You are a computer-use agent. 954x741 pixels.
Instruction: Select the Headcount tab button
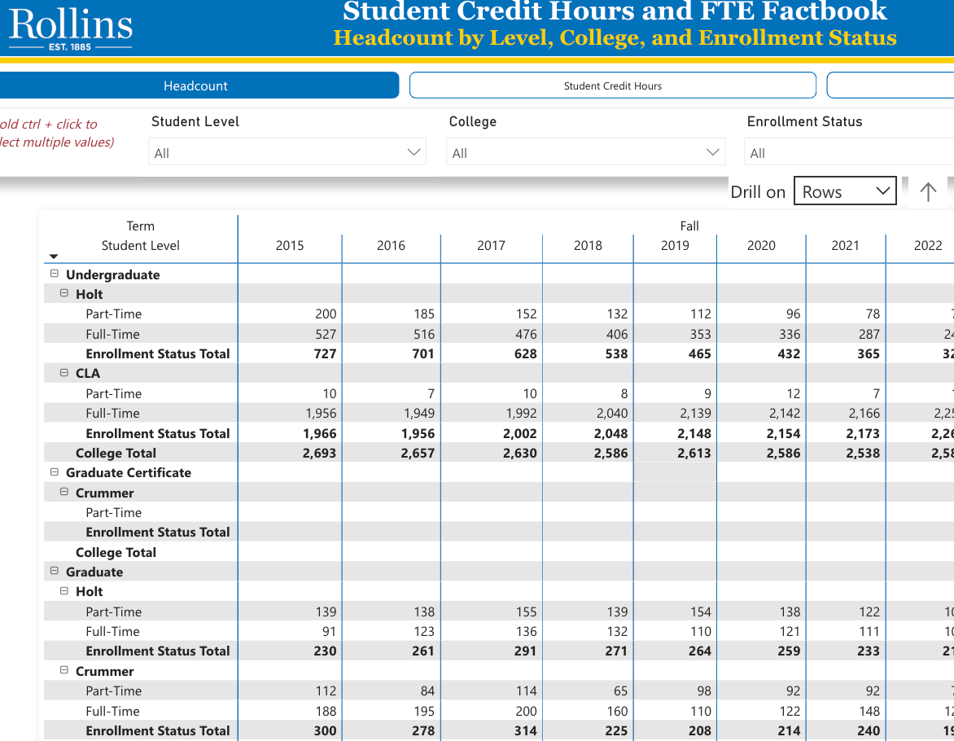tap(195, 85)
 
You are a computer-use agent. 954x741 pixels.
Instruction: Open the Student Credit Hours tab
tap(612, 85)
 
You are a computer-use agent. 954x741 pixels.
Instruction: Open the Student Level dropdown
tap(287, 152)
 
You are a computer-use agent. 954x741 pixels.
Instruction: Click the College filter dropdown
tap(584, 152)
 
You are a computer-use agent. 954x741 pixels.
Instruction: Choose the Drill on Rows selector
tap(844, 191)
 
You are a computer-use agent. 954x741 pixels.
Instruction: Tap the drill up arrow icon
tap(927, 191)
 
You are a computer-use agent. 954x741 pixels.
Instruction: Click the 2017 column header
tap(491, 245)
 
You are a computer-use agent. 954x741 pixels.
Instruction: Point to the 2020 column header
tap(761, 245)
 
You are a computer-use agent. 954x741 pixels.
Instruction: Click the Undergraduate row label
tap(112, 274)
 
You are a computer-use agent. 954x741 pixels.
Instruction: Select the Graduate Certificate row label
tap(128, 472)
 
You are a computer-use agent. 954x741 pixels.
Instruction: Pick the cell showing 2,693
tap(319, 453)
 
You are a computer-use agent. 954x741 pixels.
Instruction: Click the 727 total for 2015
tap(325, 353)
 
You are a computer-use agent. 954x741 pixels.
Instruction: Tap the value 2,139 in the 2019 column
tap(695, 413)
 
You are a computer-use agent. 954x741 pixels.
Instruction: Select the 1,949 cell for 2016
tap(418, 413)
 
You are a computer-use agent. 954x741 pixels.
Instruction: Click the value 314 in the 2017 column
tap(525, 730)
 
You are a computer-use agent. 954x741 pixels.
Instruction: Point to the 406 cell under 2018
tap(616, 334)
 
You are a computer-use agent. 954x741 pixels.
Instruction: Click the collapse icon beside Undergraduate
tap(55, 274)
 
